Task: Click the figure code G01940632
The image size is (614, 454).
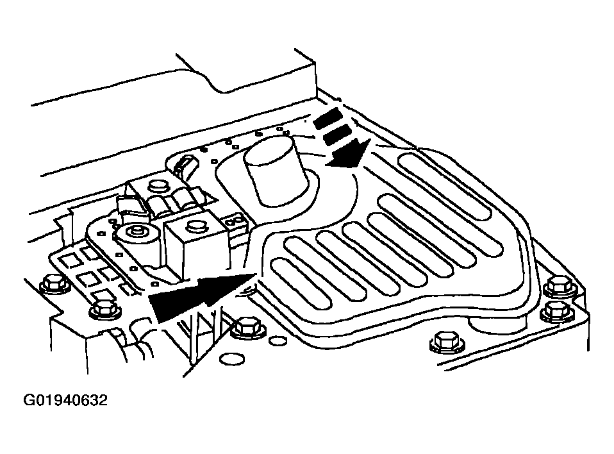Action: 65,400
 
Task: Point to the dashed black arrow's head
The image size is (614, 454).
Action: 348,154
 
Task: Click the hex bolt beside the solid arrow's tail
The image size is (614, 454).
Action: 106,310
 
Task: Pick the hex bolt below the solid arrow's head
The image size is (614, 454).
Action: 247,327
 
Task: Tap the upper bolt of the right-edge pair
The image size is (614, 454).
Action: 561,285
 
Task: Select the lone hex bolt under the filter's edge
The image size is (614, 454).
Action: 447,342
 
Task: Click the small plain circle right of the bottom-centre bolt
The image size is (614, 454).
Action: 277,340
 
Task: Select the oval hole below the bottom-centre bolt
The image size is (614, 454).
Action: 232,359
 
